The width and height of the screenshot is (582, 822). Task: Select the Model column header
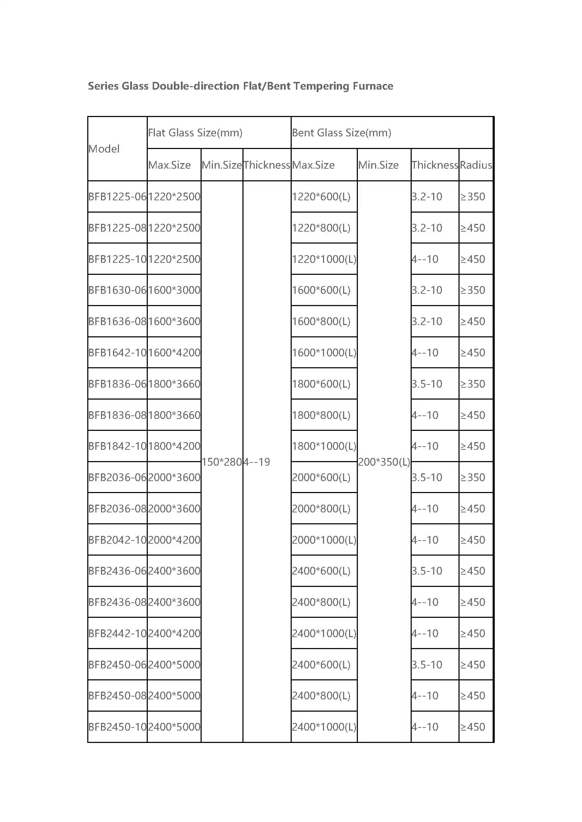104,149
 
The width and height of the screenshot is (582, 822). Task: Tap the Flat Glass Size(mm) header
195,133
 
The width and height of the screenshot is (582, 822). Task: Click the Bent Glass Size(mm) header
342,133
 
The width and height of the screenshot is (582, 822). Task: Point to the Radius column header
476,165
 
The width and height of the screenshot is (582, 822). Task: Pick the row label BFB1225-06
118,196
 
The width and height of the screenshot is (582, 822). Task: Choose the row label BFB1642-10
118,352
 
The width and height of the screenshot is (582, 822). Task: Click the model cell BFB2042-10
118,540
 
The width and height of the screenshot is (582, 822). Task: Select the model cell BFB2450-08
118,695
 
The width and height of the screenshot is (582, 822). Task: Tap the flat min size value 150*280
222,462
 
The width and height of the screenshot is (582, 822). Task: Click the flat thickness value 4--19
257,462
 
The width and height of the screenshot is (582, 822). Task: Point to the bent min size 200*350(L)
384,462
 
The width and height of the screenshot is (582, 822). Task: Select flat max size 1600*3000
174,290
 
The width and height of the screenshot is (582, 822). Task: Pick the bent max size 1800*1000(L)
324,446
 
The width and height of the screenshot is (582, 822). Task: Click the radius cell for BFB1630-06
473,290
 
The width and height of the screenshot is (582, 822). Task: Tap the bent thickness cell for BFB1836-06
427,384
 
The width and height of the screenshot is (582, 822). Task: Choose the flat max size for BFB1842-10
174,446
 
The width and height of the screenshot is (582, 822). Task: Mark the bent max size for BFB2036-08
321,509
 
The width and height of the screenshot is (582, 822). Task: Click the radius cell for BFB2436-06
473,571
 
